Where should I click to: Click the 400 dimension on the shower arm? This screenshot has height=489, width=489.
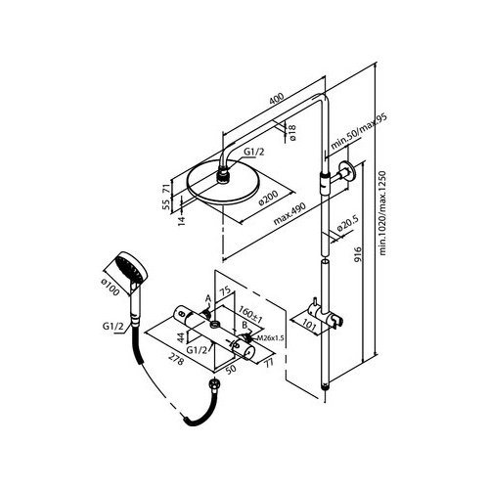coord(277,99)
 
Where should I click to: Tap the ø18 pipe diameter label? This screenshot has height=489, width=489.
coord(292,132)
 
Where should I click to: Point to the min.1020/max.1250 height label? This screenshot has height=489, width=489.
coord(382,213)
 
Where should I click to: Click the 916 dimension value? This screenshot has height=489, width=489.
coord(358,254)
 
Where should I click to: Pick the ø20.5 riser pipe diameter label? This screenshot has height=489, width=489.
coord(347,224)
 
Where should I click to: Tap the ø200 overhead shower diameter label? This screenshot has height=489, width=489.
coord(268,198)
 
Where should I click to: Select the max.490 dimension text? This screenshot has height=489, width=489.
coord(289,214)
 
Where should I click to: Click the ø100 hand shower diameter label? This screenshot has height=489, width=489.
coord(110,287)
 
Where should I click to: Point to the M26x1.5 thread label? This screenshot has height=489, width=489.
coord(270,338)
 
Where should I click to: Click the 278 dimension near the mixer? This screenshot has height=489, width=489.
coord(176,359)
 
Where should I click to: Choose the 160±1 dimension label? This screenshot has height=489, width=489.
coord(250,314)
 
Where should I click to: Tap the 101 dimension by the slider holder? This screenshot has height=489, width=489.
coord(309,326)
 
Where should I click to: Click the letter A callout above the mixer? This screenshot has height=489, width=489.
coord(208,298)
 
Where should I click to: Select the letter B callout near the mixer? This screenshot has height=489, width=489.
coord(244,325)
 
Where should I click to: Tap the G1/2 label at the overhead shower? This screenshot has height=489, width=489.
coord(254,152)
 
